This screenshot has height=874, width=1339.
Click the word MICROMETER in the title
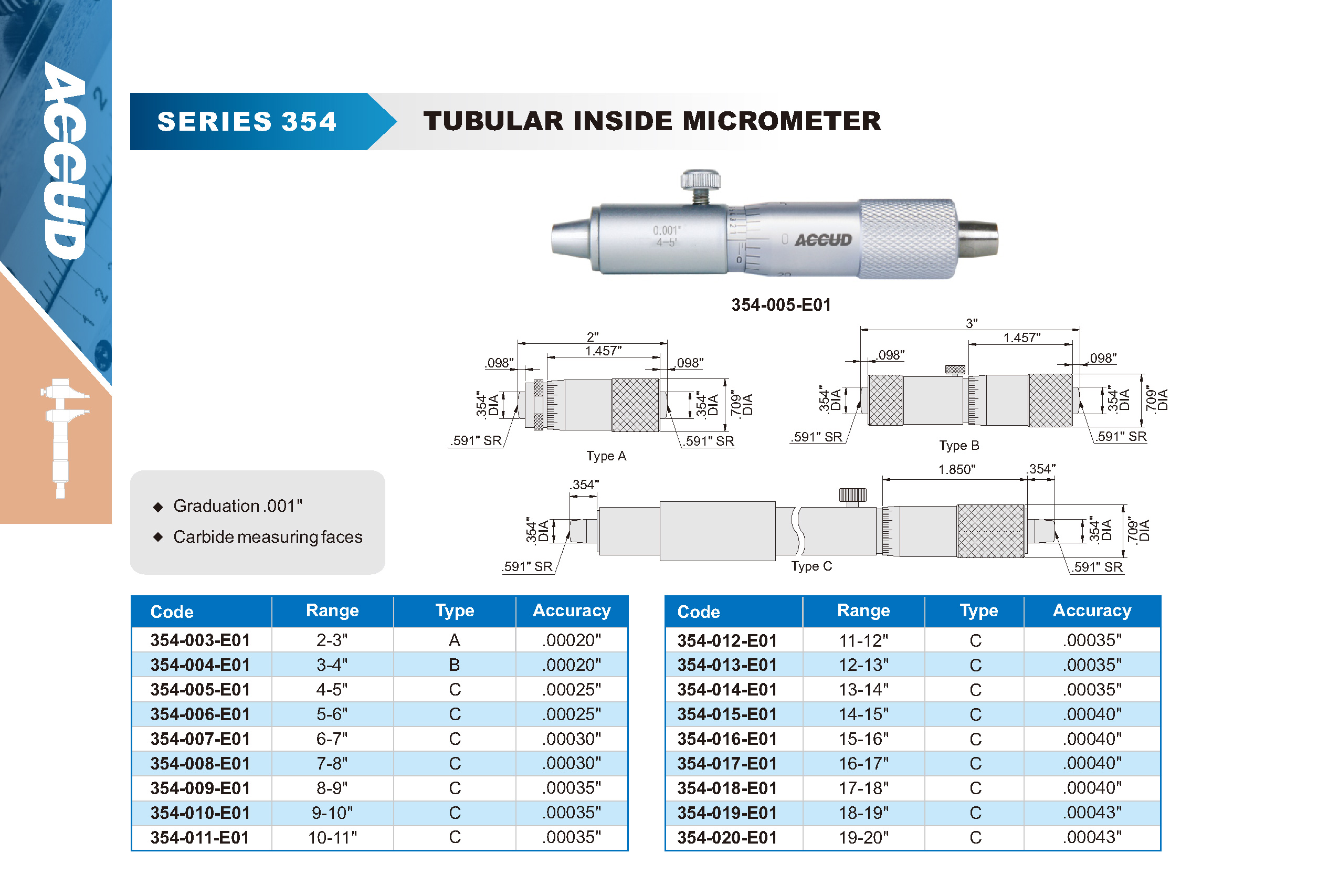(x=782, y=121)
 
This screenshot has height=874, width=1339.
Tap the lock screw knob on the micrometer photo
(x=700, y=181)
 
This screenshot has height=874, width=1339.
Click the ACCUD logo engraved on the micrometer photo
(x=823, y=240)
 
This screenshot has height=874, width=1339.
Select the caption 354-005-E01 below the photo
(x=781, y=305)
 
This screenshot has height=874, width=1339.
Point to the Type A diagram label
(x=606, y=456)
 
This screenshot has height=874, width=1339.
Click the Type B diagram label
(x=960, y=446)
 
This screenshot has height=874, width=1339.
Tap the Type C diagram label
(x=811, y=566)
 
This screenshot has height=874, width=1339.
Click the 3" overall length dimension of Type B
(x=972, y=323)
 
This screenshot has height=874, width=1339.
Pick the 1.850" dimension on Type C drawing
(x=956, y=469)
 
